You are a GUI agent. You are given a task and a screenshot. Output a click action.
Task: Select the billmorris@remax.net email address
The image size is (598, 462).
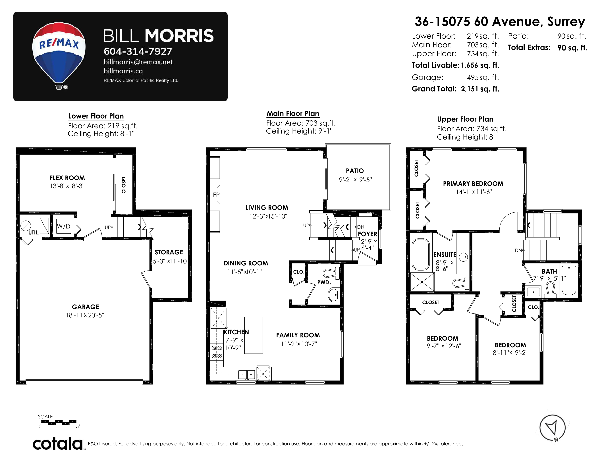(138, 62)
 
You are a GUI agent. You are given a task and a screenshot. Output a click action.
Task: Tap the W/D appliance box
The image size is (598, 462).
(64, 226)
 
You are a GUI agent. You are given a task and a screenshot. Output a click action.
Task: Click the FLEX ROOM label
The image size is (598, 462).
(67, 178)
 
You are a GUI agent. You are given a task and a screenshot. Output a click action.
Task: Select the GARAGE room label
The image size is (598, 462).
(85, 307)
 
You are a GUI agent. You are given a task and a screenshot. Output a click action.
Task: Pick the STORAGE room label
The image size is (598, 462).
(169, 252)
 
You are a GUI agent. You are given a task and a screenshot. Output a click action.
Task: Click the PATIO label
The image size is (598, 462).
(355, 171)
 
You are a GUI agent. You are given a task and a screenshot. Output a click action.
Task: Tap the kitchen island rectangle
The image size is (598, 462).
(254, 335)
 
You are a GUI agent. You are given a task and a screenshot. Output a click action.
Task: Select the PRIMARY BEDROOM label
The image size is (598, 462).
(473, 184)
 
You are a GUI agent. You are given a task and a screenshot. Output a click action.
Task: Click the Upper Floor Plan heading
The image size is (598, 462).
(465, 119)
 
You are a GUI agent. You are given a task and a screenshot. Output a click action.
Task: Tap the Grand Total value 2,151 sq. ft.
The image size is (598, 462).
(480, 89)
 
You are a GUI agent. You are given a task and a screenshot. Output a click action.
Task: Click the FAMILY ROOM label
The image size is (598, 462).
(298, 335)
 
